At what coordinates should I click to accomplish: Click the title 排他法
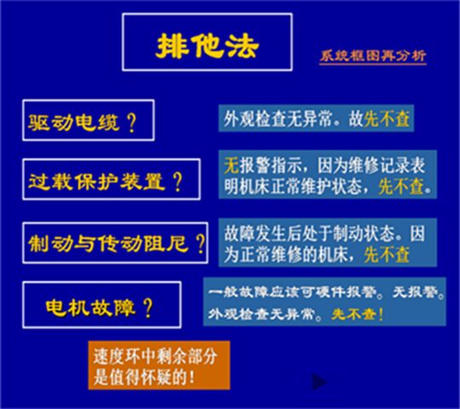point(207,46)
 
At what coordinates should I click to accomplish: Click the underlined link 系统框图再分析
point(372,56)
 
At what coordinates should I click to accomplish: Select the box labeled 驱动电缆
point(89,120)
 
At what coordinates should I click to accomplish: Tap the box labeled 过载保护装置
point(112,180)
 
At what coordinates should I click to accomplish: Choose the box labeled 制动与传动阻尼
point(115,243)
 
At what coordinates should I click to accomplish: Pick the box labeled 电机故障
point(102,305)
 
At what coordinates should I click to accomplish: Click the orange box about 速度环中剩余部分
point(159,366)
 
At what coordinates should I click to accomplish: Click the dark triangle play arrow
point(319,382)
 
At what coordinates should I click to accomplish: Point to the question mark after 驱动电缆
point(132,123)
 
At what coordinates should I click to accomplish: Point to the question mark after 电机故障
point(148,308)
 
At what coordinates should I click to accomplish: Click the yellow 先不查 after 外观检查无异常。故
point(387,119)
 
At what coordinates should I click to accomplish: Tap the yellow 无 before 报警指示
point(231,165)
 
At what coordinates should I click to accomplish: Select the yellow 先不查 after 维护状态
point(400,187)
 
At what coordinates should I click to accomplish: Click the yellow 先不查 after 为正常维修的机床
point(387,255)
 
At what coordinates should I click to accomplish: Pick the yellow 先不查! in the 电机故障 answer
point(357,314)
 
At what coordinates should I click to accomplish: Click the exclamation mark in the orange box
point(192,377)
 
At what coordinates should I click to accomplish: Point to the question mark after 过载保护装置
point(178,181)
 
